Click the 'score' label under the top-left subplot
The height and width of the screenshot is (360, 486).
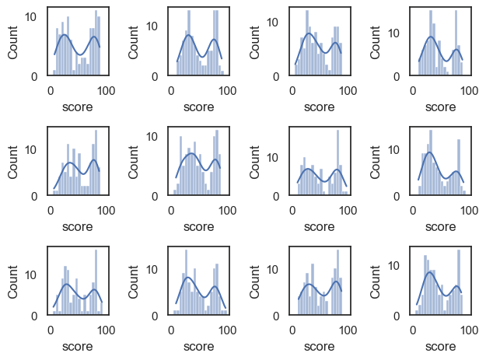[x=77, y=107]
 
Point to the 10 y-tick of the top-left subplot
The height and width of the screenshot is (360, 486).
[x=32, y=16]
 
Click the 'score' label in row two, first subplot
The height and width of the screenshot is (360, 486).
[x=77, y=226]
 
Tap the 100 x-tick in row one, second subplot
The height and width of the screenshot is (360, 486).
[x=228, y=89]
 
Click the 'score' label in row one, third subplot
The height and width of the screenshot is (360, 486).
[x=319, y=107]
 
